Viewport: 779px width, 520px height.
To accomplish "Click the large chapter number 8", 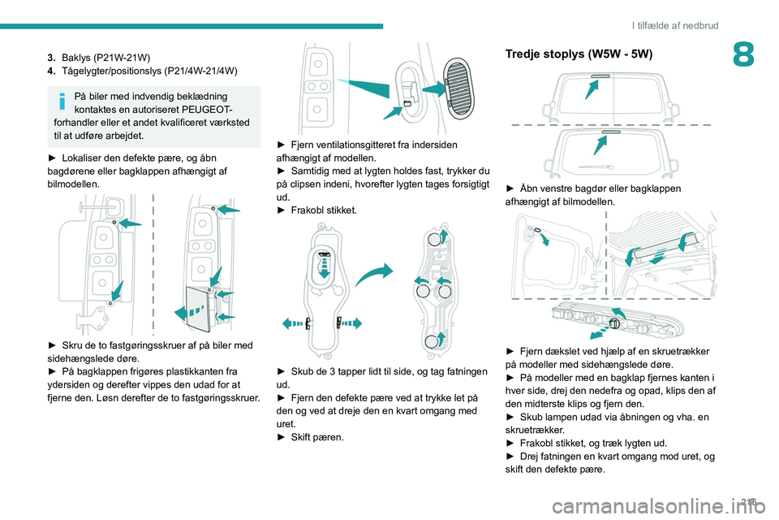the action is point(743,54).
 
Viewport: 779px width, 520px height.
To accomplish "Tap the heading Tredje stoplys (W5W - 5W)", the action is point(579,54).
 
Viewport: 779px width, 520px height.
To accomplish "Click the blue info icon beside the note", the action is point(62,101).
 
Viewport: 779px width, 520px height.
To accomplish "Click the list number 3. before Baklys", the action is point(51,57).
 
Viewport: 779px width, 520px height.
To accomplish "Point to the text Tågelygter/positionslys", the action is point(112,71).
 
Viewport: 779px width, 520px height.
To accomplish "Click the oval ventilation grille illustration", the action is point(458,89).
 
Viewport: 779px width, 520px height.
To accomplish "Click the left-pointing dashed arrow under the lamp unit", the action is point(293,324).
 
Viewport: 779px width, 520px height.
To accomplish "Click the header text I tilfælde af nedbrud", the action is point(675,25).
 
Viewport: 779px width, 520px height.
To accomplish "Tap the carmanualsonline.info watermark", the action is point(661,507).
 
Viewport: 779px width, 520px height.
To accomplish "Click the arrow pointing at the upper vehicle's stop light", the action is point(592,89).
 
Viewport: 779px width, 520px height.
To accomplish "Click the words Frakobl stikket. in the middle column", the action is point(324,210).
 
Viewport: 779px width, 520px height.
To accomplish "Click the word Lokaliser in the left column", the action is point(84,158).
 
